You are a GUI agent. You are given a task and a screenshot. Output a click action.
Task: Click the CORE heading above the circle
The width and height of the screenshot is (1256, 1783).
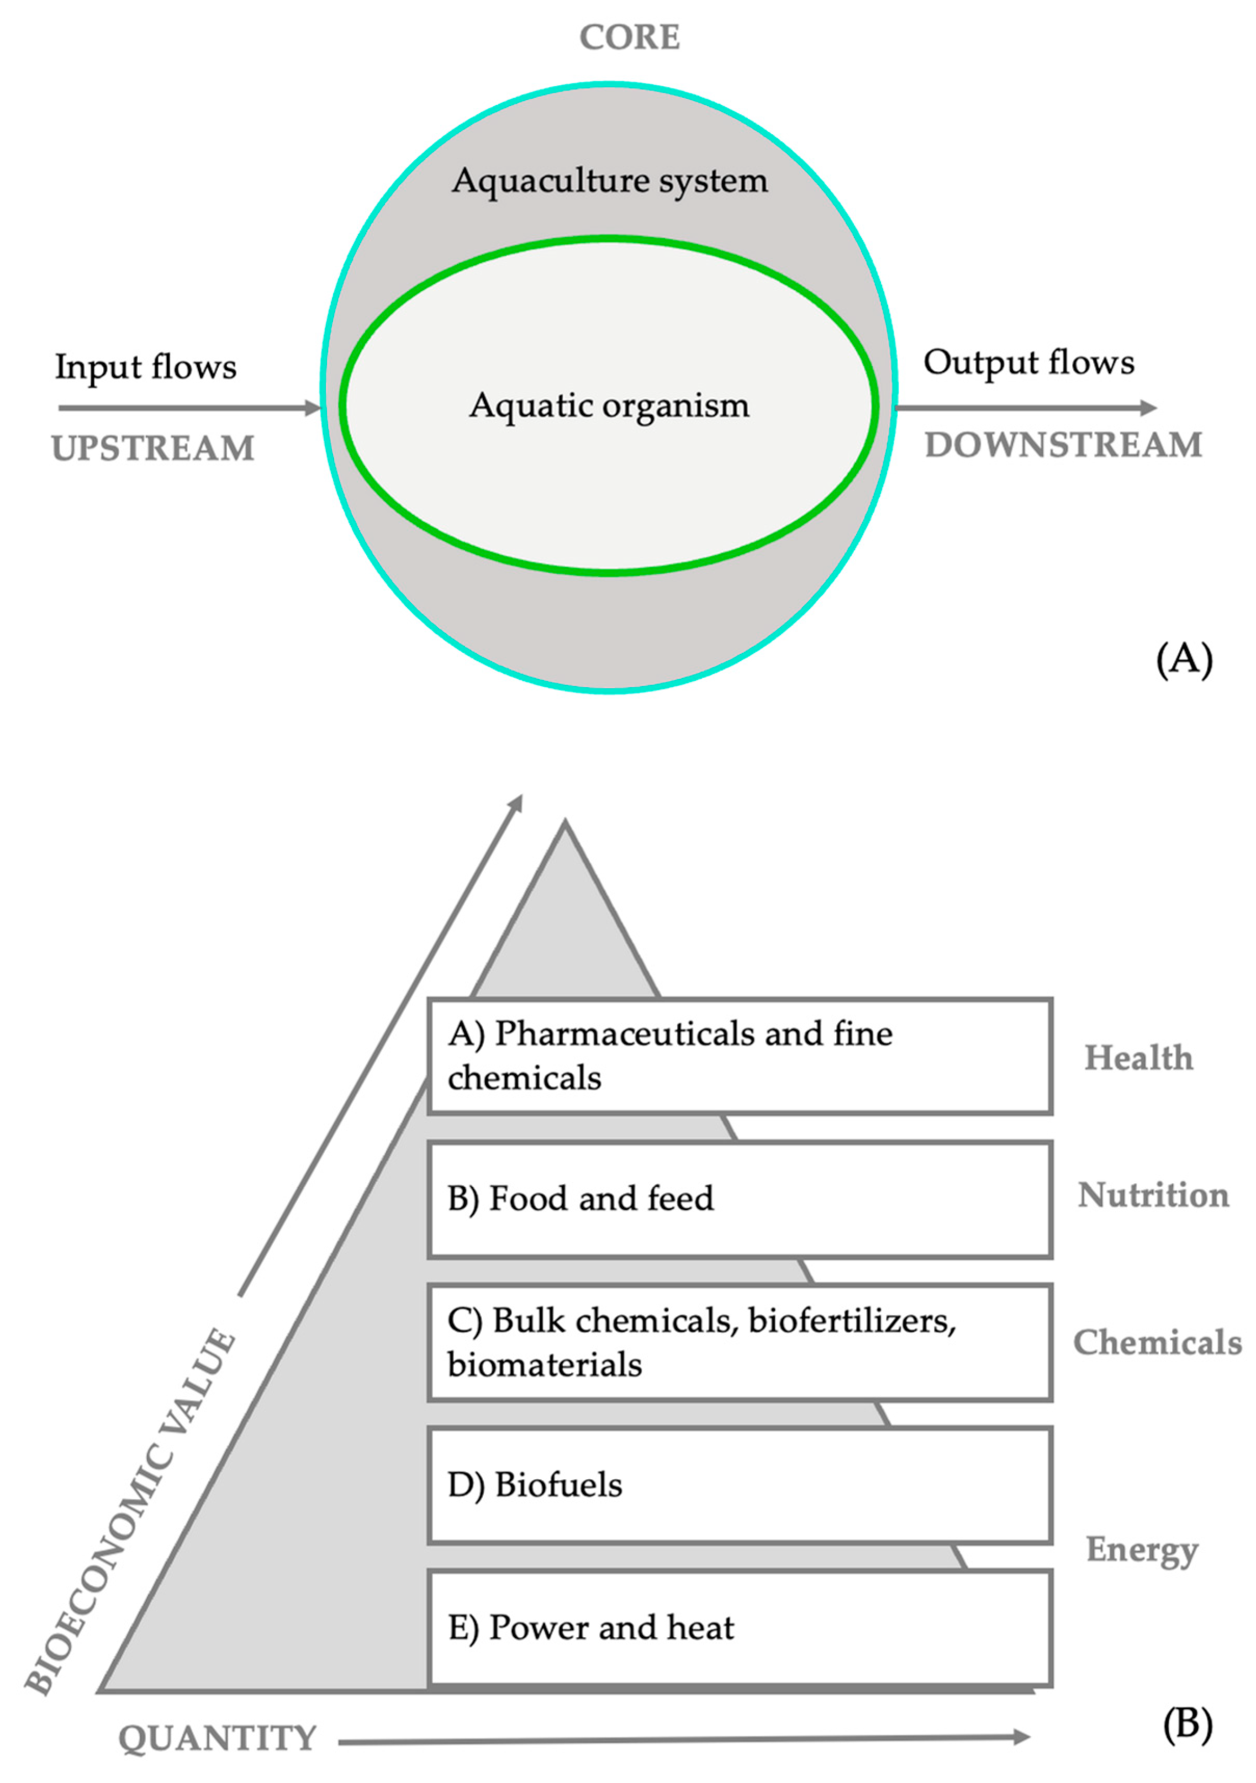(x=629, y=37)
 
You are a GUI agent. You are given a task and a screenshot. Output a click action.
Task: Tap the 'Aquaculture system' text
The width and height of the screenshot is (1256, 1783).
(x=610, y=181)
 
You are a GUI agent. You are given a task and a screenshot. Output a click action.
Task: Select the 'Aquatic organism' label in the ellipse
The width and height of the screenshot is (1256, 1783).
(x=610, y=405)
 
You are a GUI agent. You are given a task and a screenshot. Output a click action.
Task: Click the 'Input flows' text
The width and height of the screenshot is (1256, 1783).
(x=145, y=367)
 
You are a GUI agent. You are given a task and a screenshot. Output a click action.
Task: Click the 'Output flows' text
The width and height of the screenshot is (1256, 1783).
(x=1028, y=363)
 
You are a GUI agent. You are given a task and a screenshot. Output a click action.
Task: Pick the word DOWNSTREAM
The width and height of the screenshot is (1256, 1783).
(x=1063, y=445)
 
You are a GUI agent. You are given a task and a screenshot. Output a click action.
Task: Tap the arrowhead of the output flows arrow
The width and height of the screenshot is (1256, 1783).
(x=1149, y=407)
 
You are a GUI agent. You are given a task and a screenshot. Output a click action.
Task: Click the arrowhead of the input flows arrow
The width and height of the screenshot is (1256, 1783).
(x=313, y=408)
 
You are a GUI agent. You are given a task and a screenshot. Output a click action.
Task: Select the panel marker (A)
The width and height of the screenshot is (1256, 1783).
(x=1184, y=660)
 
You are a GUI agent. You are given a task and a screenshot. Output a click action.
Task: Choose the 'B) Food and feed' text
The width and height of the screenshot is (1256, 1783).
(x=580, y=1198)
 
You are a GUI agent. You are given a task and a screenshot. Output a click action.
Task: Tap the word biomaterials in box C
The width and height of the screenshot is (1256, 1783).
(x=545, y=1364)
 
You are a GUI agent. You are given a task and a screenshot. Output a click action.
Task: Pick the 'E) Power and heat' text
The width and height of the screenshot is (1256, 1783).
(x=590, y=1627)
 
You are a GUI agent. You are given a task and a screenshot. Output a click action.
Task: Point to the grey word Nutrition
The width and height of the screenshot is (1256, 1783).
(x=1153, y=1195)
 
